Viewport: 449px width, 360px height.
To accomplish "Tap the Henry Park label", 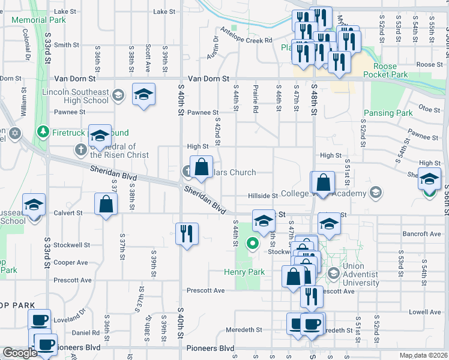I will (x=247, y=272).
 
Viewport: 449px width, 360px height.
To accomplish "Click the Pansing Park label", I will (x=388, y=113).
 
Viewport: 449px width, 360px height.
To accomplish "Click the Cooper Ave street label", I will (x=70, y=262).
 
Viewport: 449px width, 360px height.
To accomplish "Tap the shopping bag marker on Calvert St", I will (x=106, y=204).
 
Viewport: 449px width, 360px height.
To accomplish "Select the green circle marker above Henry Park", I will (x=253, y=244).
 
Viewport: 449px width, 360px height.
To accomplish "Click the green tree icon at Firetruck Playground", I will (x=42, y=131).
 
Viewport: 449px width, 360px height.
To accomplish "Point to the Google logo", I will (x=20, y=353).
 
